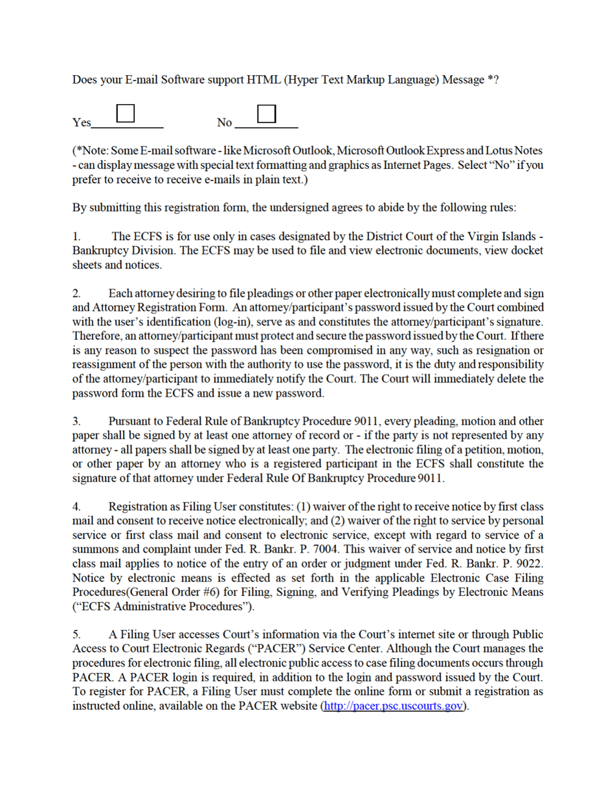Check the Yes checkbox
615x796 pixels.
(126, 113)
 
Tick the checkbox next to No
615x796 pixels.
(267, 113)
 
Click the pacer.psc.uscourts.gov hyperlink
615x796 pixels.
(394, 705)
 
